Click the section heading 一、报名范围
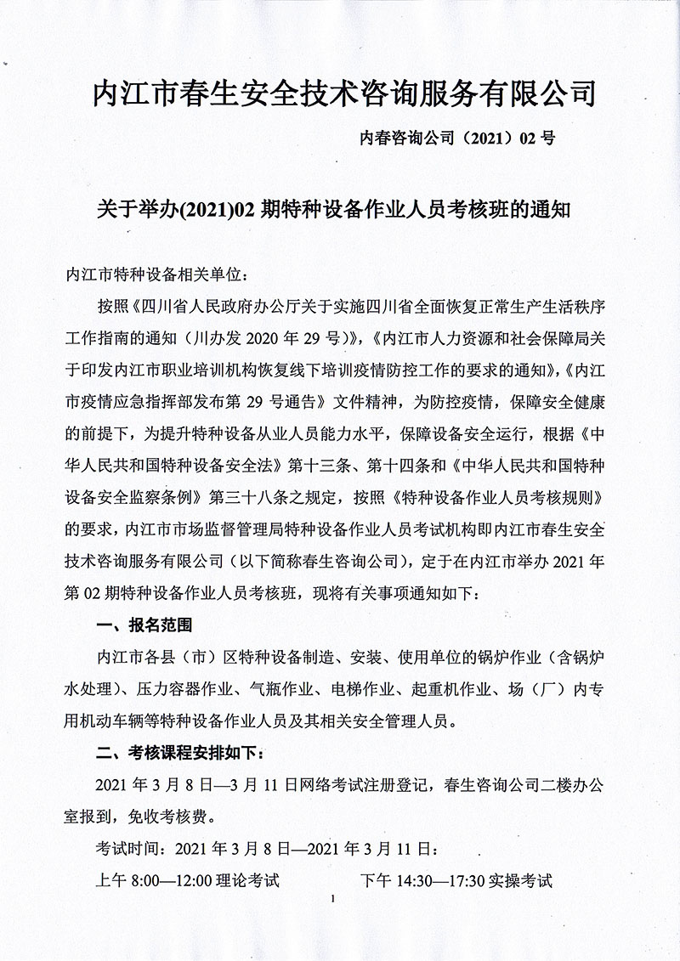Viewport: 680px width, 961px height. click(x=145, y=626)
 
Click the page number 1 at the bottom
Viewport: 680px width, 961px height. click(x=339, y=898)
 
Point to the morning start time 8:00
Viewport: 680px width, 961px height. click(x=145, y=879)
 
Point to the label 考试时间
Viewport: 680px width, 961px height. click(x=133, y=848)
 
